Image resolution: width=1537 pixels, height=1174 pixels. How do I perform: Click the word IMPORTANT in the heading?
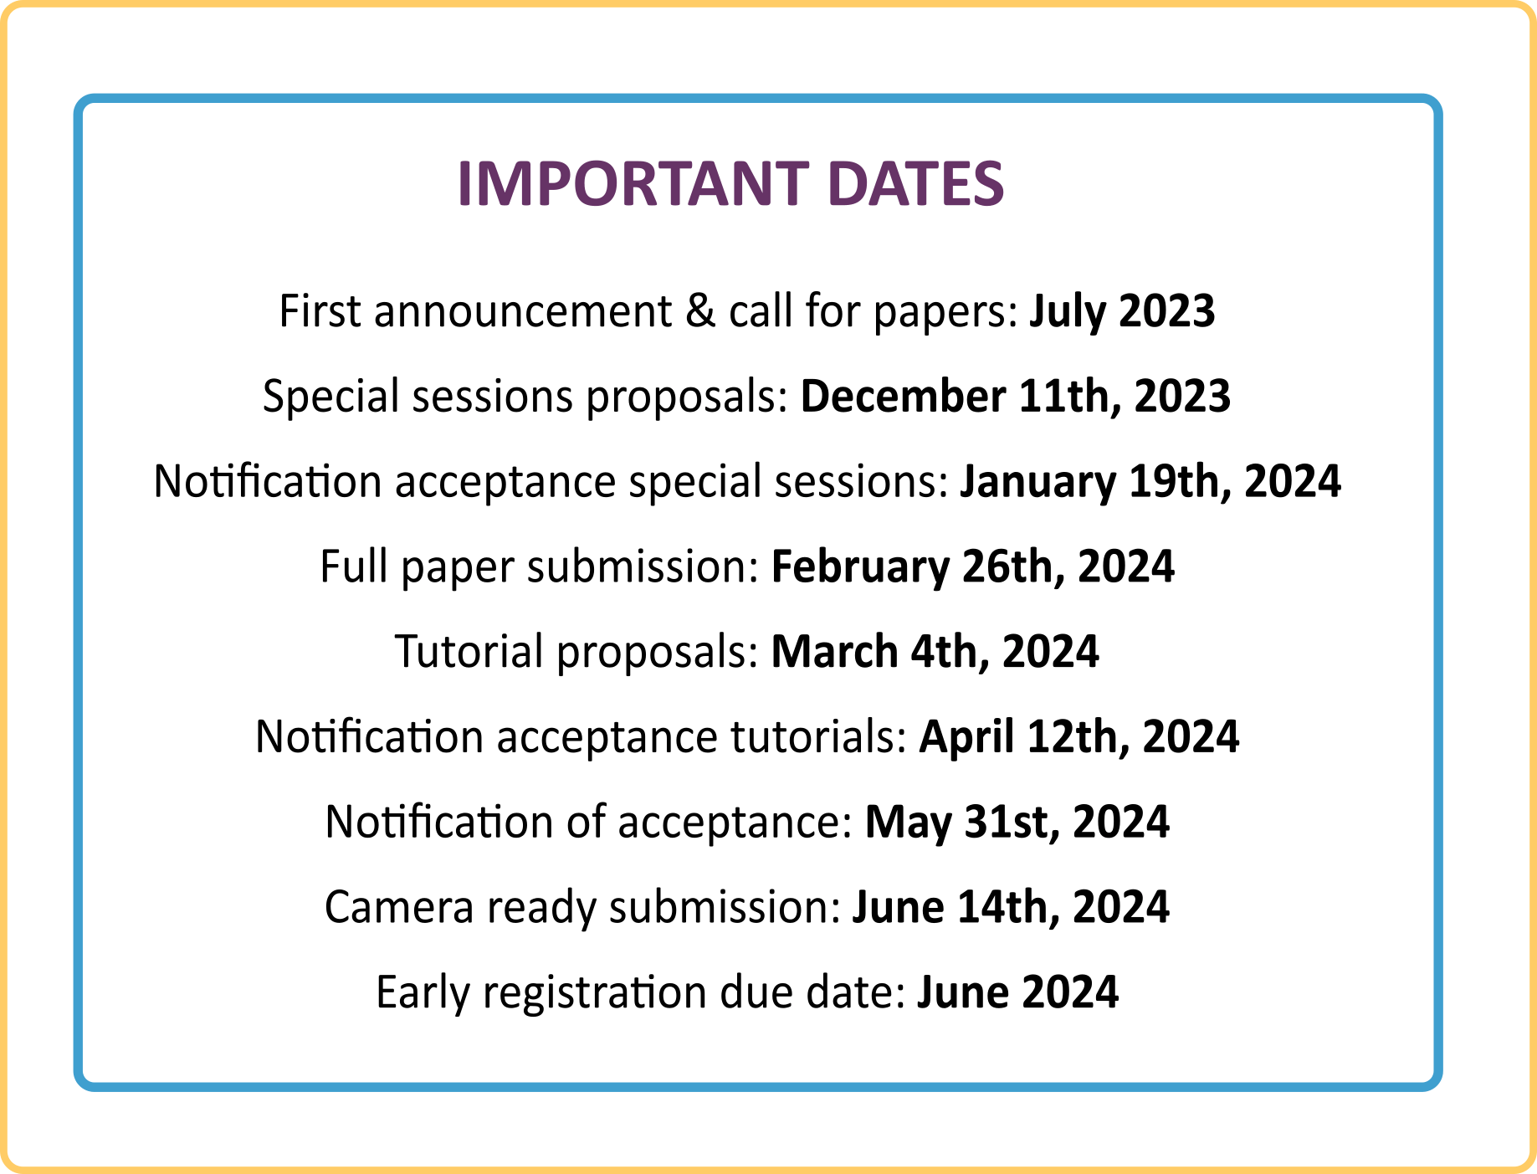[633, 184]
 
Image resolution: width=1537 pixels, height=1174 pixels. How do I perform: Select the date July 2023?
[1121, 311]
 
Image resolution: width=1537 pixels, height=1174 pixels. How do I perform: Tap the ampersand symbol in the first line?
[699, 311]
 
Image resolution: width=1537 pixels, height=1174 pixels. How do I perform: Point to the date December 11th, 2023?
[1015, 397]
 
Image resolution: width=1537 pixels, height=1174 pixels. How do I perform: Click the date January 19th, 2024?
[1150, 482]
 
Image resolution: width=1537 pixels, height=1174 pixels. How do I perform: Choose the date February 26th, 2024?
[972, 566]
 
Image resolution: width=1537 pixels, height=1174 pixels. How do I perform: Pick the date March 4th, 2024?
[934, 652]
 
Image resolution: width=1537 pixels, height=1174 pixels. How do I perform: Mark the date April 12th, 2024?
[1078, 737]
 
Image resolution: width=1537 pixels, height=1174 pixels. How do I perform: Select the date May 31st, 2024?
[1017, 822]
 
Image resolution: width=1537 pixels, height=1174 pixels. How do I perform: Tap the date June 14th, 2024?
[1010, 907]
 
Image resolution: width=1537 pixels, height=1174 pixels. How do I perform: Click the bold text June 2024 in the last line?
[1017, 992]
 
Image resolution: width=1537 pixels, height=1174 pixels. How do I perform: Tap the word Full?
[349, 566]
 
